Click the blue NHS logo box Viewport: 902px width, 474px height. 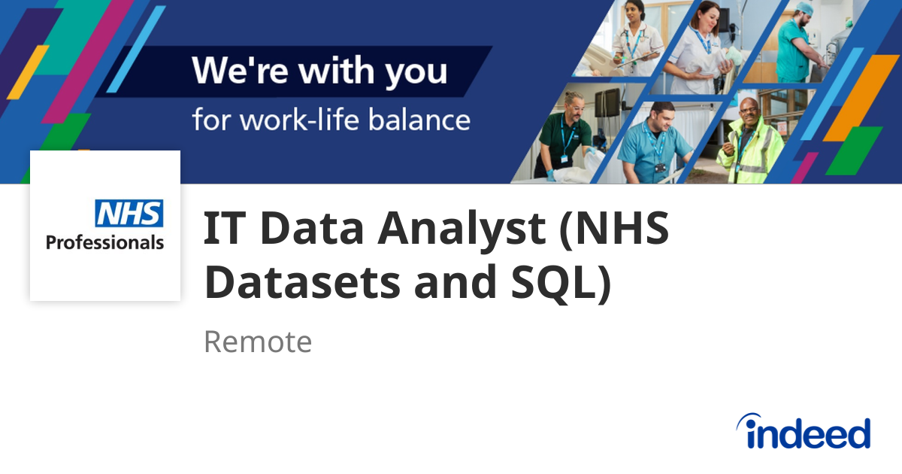click(x=129, y=214)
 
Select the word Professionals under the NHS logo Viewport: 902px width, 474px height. click(x=104, y=242)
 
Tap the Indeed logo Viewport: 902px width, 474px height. click(x=803, y=433)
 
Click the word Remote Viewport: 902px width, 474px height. click(x=257, y=342)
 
